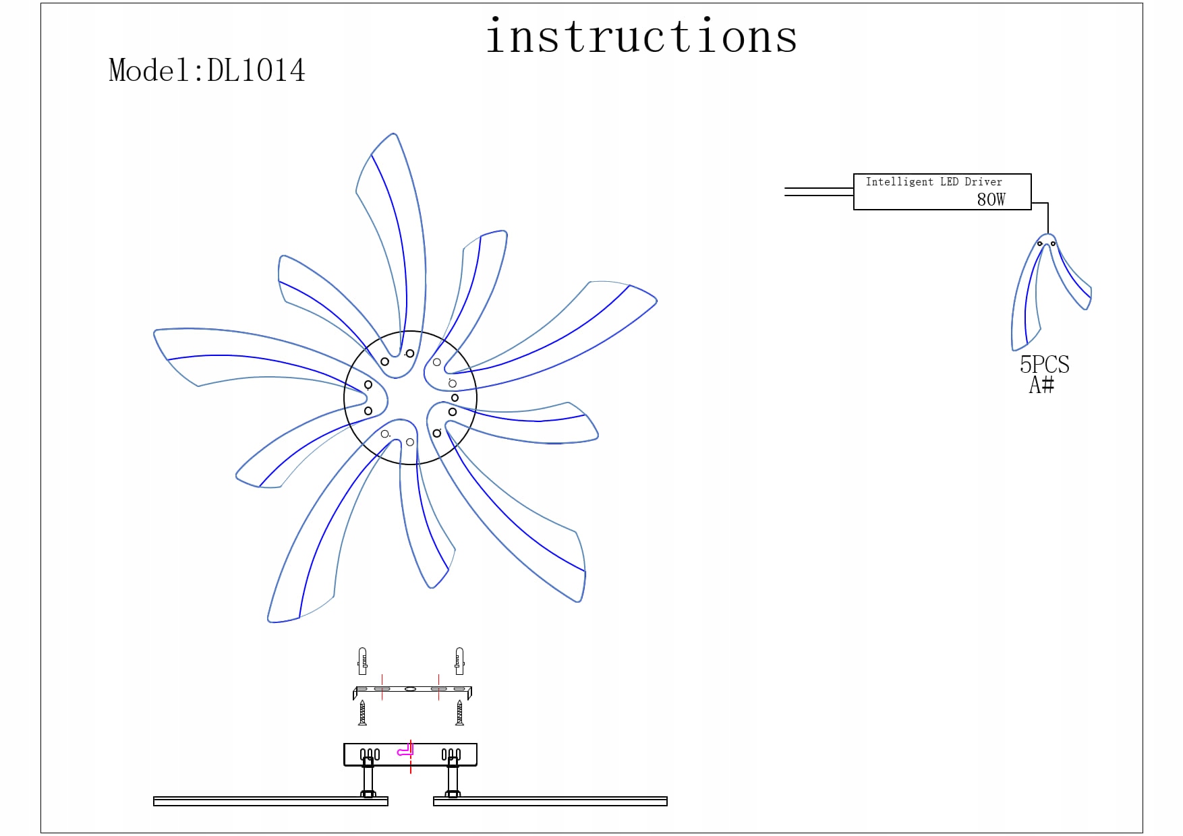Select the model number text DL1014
pos(256,70)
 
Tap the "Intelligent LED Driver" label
pos(933,181)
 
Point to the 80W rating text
pos(991,199)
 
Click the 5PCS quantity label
pos(1044,364)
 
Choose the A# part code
pos(1041,384)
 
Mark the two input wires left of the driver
pos(819,191)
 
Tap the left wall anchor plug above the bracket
pos(363,661)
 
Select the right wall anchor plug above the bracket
pos(459,661)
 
